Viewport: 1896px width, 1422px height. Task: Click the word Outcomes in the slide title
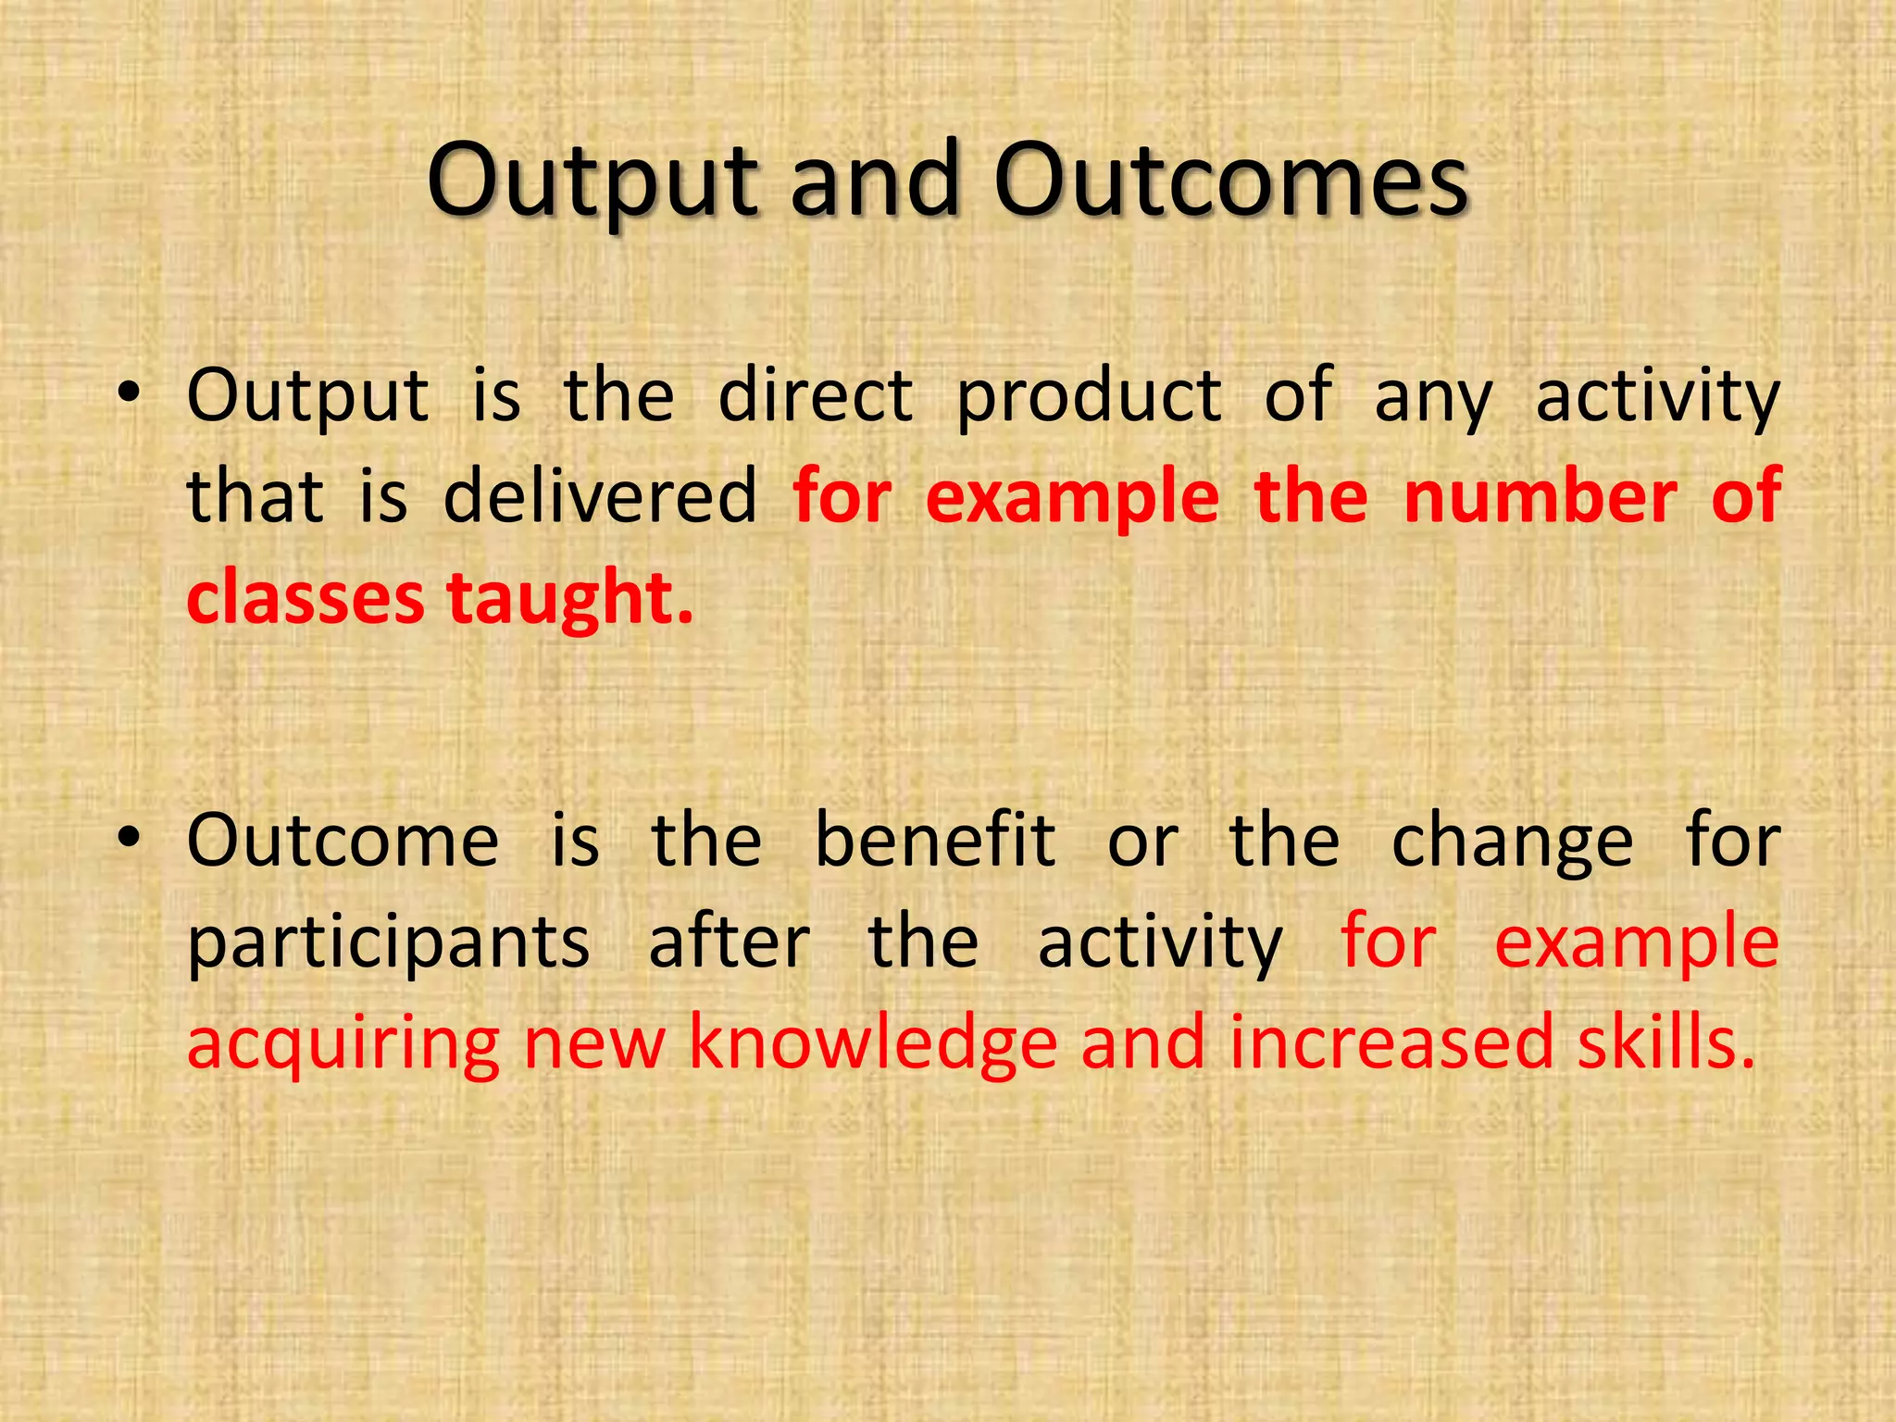[1231, 180]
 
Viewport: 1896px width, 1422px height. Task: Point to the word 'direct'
[816, 396]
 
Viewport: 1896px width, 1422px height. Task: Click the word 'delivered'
[601, 496]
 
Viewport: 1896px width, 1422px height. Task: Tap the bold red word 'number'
[1540, 496]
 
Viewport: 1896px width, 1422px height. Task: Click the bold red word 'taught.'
[569, 600]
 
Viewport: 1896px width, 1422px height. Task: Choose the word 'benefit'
[934, 840]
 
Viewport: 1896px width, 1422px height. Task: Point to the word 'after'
[729, 942]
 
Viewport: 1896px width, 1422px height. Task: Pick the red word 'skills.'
[1666, 1042]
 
